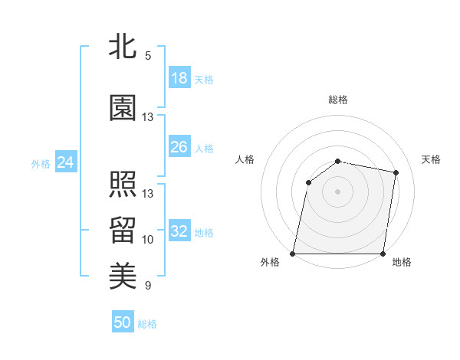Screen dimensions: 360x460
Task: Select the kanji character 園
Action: pos(123,109)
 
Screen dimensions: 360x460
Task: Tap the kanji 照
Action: pos(123,184)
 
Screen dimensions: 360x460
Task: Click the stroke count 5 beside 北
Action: pos(147,56)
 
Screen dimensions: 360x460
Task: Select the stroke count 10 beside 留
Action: pos(148,240)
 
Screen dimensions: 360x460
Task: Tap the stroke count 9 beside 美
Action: pos(147,286)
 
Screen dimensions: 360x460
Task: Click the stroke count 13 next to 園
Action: pos(148,117)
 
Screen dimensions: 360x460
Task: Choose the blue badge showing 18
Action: pos(179,78)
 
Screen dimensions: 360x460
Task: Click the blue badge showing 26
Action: pos(179,147)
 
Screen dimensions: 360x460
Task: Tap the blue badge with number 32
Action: pos(179,231)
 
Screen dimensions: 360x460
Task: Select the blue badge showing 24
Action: pos(65,162)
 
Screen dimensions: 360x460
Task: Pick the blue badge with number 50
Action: pos(122,322)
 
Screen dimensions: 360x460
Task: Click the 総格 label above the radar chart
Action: pos(338,100)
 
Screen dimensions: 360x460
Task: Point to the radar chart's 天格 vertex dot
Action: pos(396,172)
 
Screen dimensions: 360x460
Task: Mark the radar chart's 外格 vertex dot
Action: pos(293,253)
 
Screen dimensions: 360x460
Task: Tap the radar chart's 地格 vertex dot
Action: pos(383,253)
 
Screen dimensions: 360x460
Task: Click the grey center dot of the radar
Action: pos(338,191)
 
